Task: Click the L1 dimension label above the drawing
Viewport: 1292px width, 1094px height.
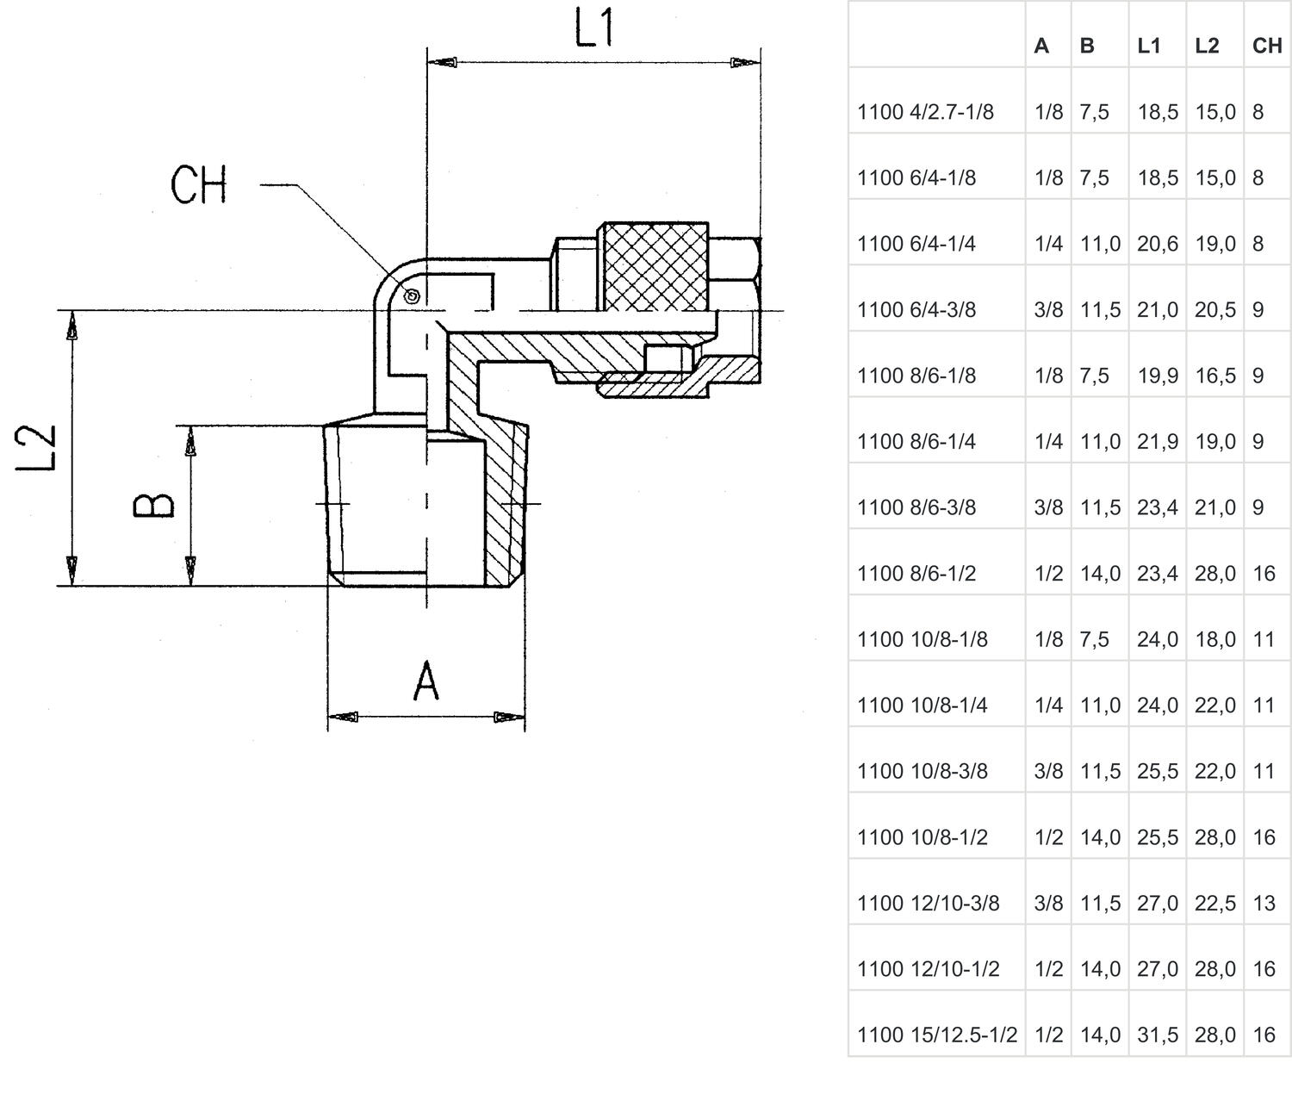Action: (594, 28)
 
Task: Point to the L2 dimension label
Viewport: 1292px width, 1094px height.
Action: (38, 448)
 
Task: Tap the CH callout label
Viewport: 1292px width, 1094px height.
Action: (198, 184)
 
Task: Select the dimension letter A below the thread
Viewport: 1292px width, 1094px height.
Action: (426, 681)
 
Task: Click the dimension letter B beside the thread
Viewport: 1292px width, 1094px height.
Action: (154, 506)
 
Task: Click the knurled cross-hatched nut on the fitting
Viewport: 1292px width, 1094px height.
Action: (655, 266)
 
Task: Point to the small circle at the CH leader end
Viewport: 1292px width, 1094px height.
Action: (412, 297)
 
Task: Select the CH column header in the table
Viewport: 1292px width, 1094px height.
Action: (1267, 46)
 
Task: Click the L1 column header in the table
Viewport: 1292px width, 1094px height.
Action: (1149, 46)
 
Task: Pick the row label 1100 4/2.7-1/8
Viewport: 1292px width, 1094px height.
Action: (925, 112)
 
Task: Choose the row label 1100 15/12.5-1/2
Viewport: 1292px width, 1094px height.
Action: (937, 1035)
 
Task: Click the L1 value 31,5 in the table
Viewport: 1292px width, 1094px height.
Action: (1157, 1035)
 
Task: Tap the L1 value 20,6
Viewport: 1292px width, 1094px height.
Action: (1157, 244)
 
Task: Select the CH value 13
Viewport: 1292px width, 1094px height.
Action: (1264, 903)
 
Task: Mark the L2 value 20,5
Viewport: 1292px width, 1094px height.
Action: (1214, 309)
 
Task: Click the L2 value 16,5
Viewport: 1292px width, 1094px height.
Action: (1214, 376)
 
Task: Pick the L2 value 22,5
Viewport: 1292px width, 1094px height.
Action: (1214, 903)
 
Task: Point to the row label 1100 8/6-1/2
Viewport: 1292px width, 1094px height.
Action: (916, 574)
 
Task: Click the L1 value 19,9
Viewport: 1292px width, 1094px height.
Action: (1157, 376)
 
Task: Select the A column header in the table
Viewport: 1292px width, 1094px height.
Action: (1041, 46)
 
